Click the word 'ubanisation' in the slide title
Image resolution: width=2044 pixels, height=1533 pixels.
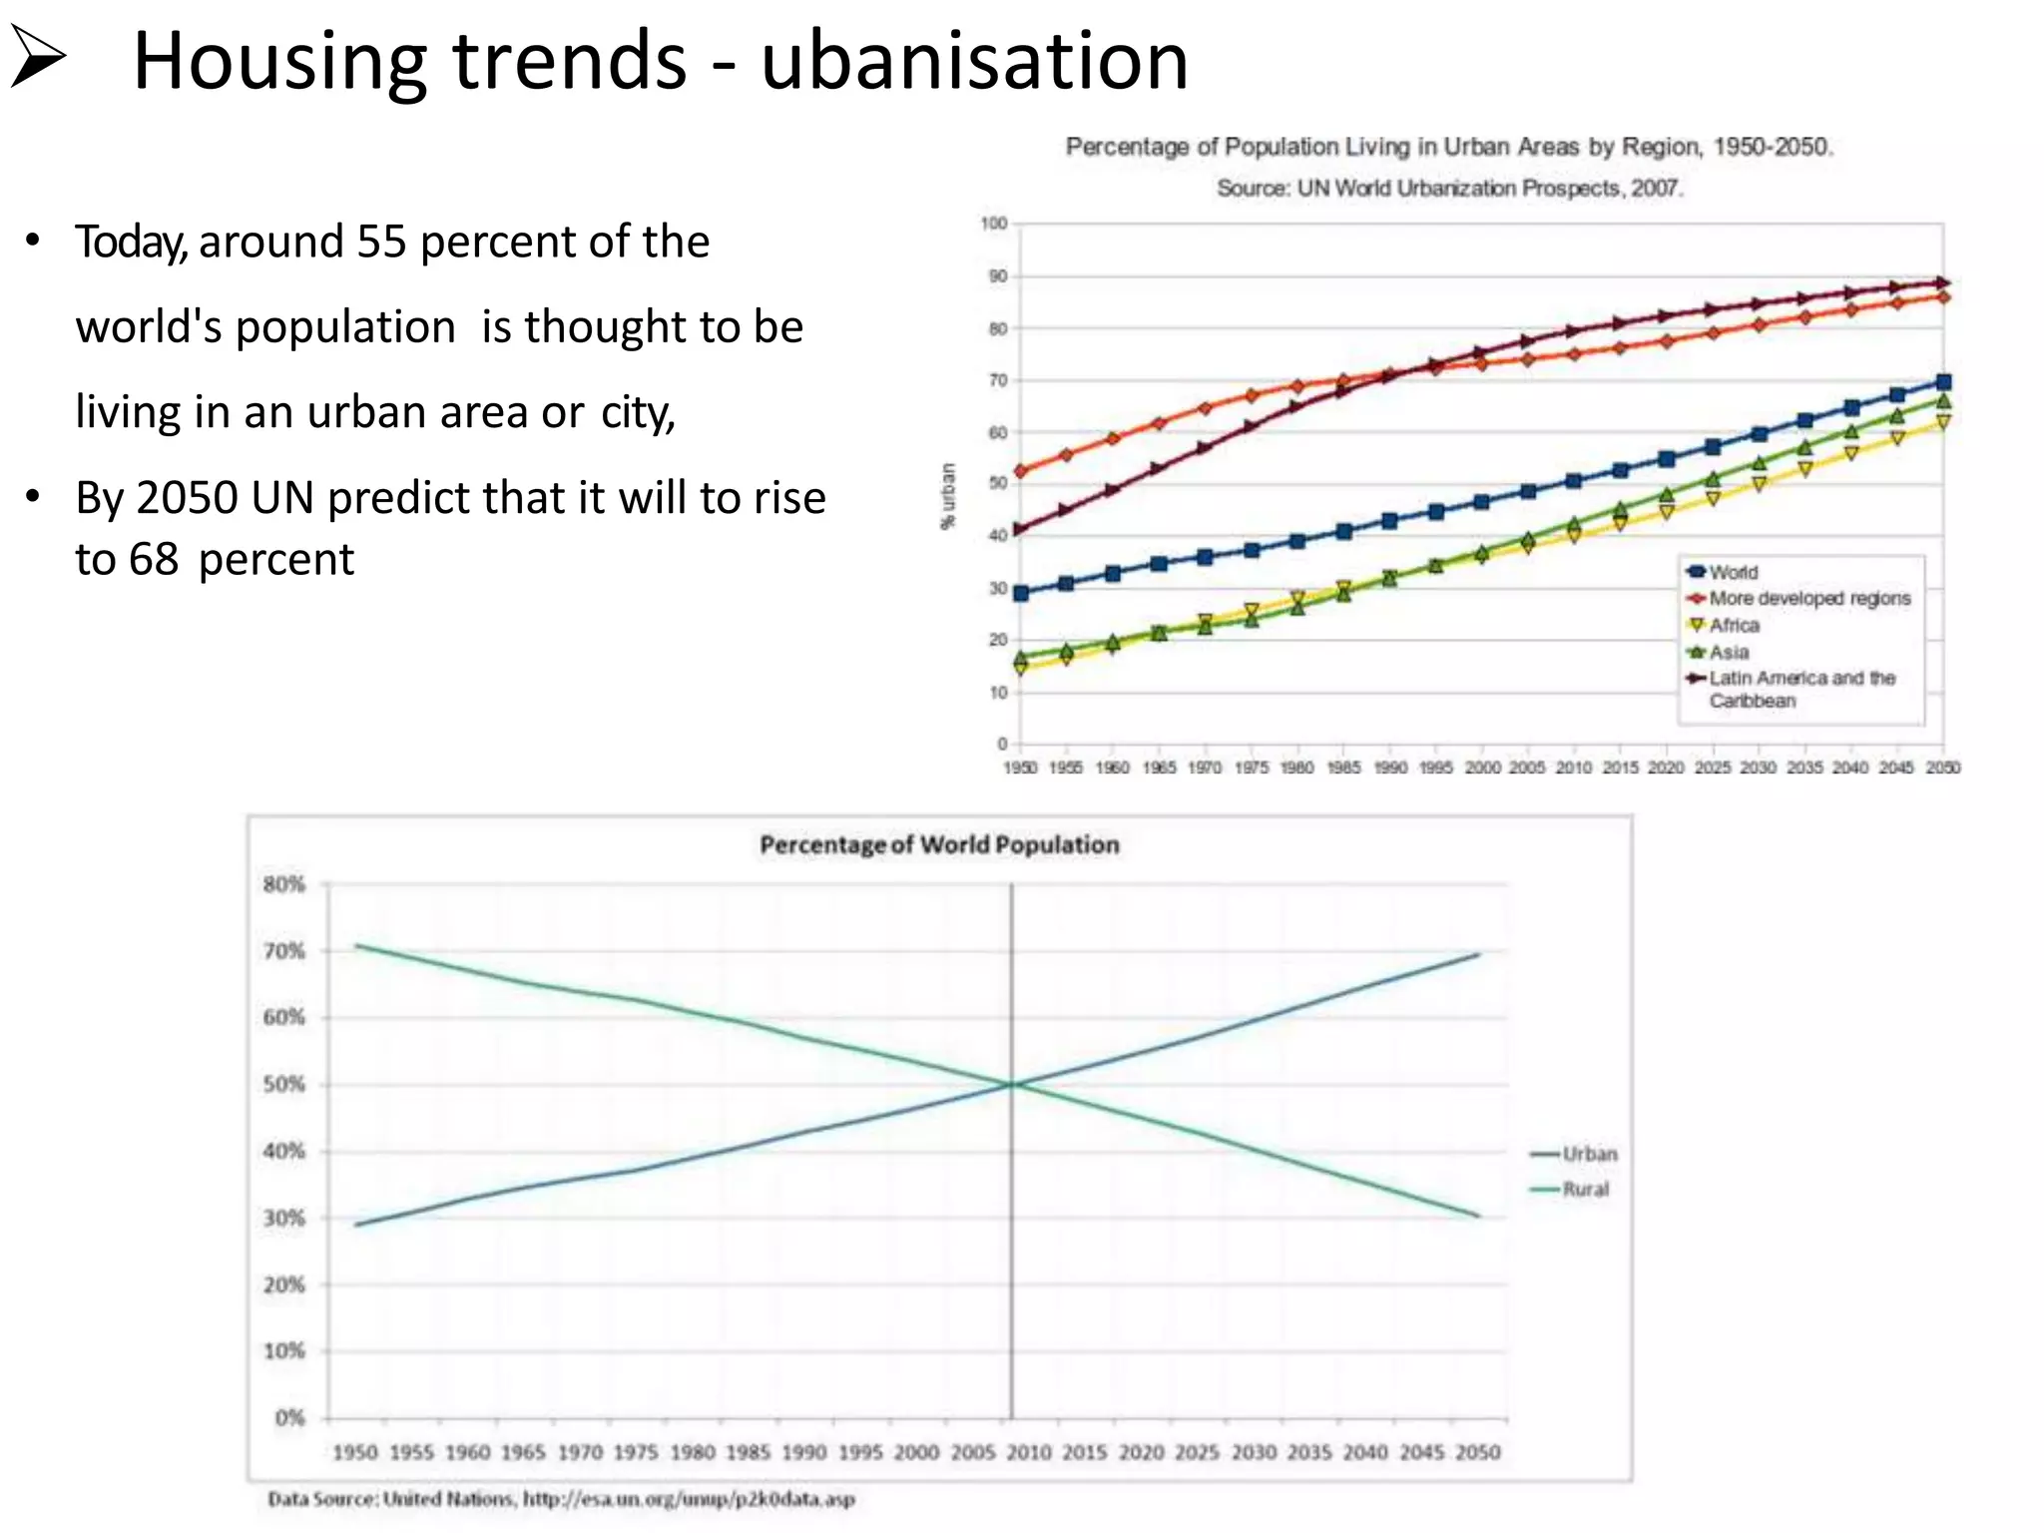point(974,62)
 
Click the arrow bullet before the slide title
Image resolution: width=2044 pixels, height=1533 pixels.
point(38,59)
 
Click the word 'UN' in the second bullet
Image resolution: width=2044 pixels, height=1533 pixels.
point(282,498)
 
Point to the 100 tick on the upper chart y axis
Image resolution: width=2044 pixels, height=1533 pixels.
point(994,224)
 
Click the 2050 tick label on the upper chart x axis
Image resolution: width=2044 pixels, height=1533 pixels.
point(1942,767)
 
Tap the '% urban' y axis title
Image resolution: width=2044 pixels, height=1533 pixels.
point(948,496)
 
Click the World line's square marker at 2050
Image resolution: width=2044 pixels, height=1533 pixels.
point(1943,382)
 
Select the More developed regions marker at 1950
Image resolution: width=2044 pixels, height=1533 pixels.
point(1020,471)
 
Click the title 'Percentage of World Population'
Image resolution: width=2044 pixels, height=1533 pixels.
point(939,845)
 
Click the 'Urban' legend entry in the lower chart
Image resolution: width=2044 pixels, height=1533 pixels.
point(1589,1155)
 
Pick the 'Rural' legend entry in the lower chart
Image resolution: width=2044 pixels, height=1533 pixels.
point(1585,1190)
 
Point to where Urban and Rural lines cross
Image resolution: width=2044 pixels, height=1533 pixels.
point(1012,1085)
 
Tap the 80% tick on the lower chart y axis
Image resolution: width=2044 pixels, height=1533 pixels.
point(284,884)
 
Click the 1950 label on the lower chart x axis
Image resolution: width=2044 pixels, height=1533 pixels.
point(354,1453)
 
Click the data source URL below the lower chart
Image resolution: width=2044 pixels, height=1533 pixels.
point(689,1499)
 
